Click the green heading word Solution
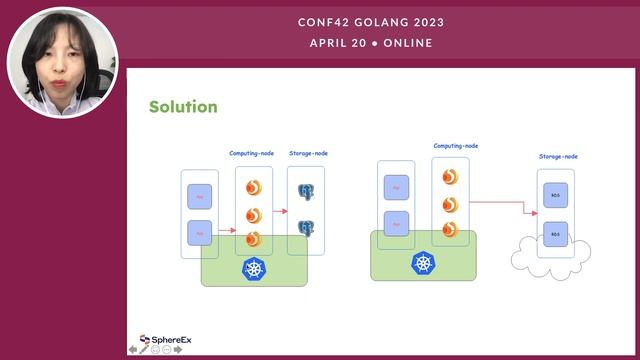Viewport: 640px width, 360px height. coord(183,107)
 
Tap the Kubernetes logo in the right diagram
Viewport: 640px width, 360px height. coord(424,263)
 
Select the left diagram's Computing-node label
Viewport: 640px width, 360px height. coord(252,153)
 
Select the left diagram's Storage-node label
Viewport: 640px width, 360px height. coord(308,153)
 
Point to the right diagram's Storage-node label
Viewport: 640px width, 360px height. coord(558,157)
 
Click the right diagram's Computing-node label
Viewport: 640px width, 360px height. coord(455,146)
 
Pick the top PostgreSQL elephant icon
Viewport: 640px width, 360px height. coord(306,189)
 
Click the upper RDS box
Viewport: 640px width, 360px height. coord(555,194)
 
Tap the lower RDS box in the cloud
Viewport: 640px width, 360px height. coord(555,236)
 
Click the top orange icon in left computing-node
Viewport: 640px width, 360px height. coord(253,187)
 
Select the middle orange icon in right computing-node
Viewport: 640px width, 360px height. coord(450,204)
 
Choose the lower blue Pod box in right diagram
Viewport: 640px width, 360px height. coord(396,222)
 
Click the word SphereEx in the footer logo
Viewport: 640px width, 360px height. coord(172,340)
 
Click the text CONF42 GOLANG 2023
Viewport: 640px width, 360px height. coord(371,22)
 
